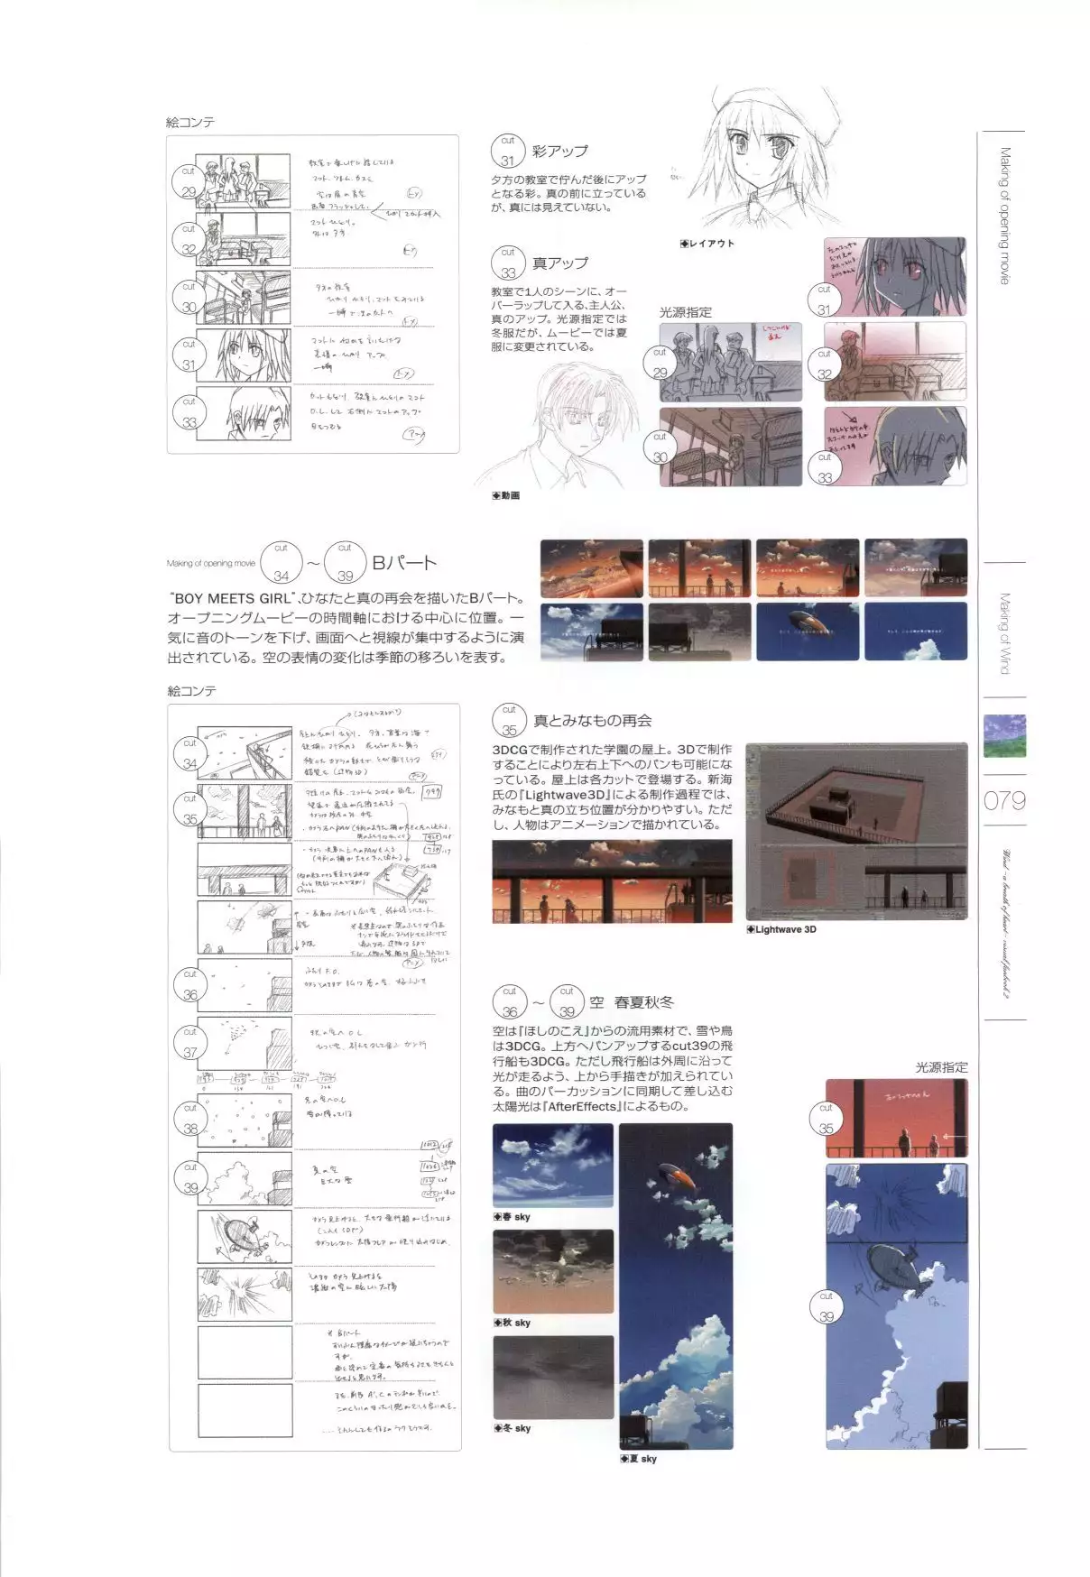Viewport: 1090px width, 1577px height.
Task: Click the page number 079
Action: (1004, 800)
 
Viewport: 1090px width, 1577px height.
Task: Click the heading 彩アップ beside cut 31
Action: (559, 152)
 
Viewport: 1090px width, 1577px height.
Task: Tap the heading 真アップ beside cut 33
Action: (559, 263)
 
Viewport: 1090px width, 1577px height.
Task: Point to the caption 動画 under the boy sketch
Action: (506, 496)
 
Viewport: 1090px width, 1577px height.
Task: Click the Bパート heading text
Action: (404, 563)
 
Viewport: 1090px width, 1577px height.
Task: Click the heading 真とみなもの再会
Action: (592, 721)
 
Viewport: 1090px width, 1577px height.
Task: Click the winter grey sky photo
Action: (553, 1377)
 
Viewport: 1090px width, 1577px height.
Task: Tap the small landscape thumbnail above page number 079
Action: (1003, 735)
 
